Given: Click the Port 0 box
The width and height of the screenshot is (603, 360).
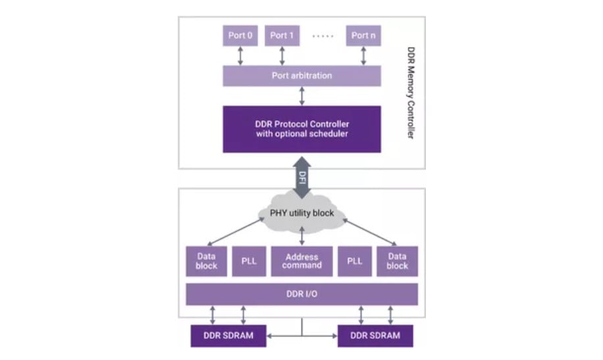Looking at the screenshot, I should click(x=240, y=36).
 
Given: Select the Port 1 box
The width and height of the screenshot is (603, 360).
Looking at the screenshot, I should click(x=282, y=36).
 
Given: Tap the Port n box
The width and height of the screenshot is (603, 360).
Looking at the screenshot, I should click(x=363, y=36).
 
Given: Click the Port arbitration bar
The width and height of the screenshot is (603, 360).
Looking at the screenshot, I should click(x=301, y=76).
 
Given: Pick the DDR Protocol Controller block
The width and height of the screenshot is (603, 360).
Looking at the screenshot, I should click(x=301, y=130).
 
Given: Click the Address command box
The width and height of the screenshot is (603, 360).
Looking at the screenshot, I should click(x=302, y=261).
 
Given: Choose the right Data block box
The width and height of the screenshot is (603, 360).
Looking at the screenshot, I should click(x=397, y=261).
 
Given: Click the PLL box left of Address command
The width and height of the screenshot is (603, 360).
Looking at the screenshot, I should click(x=249, y=261).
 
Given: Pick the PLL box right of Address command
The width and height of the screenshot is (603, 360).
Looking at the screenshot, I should click(x=355, y=261).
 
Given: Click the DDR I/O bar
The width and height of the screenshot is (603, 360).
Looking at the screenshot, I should click(x=302, y=294).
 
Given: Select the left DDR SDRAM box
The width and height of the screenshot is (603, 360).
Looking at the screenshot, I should click(x=229, y=336).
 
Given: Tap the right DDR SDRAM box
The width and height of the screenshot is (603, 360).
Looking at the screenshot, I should click(x=375, y=336).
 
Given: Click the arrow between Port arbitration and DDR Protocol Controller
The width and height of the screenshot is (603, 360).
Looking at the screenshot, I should click(x=302, y=95).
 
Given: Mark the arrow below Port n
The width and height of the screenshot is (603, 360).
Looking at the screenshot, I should click(x=364, y=56).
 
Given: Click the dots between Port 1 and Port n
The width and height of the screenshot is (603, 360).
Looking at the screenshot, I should click(x=323, y=36).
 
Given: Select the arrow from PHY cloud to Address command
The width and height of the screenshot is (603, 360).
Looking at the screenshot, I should click(x=302, y=236).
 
